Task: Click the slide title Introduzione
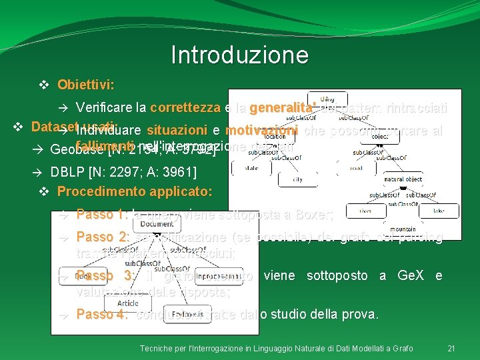tap(239, 55)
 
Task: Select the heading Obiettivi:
tap(85, 85)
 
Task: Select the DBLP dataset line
tap(123, 172)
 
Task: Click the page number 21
tap(451, 349)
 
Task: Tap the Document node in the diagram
tap(157, 225)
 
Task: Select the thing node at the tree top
tap(327, 99)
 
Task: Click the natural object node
tap(403, 179)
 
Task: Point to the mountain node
tap(403, 229)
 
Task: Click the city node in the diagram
tap(298, 179)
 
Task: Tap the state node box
tap(252, 168)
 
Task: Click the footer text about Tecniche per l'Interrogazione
tap(276, 349)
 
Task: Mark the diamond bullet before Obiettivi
tap(44, 85)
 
